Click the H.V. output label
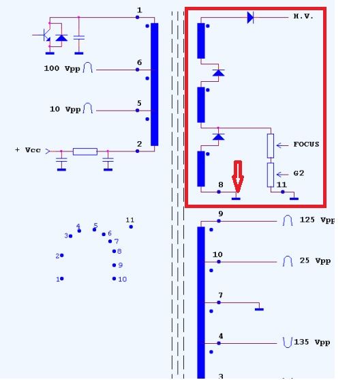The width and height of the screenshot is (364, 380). pyautogui.click(x=303, y=16)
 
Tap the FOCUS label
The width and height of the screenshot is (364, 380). pyautogui.click(x=306, y=145)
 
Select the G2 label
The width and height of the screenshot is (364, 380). pyautogui.click(x=299, y=173)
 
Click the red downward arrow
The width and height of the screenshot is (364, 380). pyautogui.click(x=238, y=177)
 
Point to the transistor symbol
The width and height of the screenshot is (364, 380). pyautogui.click(x=44, y=35)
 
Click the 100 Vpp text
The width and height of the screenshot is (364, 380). pyautogui.click(x=62, y=69)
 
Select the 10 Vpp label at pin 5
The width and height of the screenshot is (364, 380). pyautogui.click(x=65, y=109)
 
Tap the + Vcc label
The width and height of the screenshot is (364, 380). pyautogui.click(x=28, y=150)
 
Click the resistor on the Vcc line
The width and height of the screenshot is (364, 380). pyautogui.click(x=85, y=151)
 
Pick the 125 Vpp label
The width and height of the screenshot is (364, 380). pyautogui.click(x=317, y=220)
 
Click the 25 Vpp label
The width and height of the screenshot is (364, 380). pyautogui.click(x=315, y=261)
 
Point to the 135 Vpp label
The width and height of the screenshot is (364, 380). pyautogui.click(x=312, y=342)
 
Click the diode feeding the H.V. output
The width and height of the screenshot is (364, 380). pyautogui.click(x=250, y=18)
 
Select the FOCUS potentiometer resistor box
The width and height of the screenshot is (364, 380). pyautogui.click(x=271, y=145)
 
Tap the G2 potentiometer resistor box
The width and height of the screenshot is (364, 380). pyautogui.click(x=271, y=175)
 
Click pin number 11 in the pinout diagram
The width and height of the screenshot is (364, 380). pyautogui.click(x=130, y=220)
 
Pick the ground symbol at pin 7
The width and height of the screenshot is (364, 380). pyautogui.click(x=259, y=309)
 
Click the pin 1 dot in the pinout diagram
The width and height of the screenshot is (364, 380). pyautogui.click(x=62, y=279)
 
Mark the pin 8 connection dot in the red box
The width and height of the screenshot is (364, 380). pyautogui.click(x=219, y=192)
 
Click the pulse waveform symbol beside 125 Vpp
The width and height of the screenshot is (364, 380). pyautogui.click(x=288, y=220)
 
